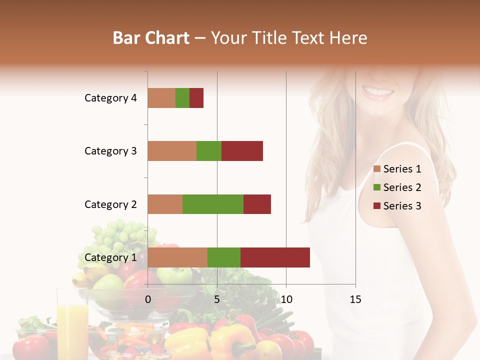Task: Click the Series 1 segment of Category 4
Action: tap(161, 98)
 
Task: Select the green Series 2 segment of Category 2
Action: tap(213, 204)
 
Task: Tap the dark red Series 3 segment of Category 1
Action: tap(275, 257)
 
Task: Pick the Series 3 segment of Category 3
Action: tap(242, 151)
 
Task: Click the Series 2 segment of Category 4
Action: tap(182, 98)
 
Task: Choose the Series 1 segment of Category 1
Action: tap(177, 257)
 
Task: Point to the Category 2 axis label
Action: tap(110, 204)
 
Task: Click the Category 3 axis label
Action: tap(110, 151)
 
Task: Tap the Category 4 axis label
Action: tap(110, 98)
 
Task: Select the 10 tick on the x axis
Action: tap(286, 299)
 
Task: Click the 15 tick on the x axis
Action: tap(355, 299)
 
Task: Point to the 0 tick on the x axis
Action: tap(148, 299)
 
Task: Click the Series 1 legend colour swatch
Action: tap(377, 169)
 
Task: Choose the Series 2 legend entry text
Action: tap(402, 187)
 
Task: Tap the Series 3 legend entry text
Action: tap(402, 206)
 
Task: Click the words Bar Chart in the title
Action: tap(151, 38)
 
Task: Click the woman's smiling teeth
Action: tap(378, 92)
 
